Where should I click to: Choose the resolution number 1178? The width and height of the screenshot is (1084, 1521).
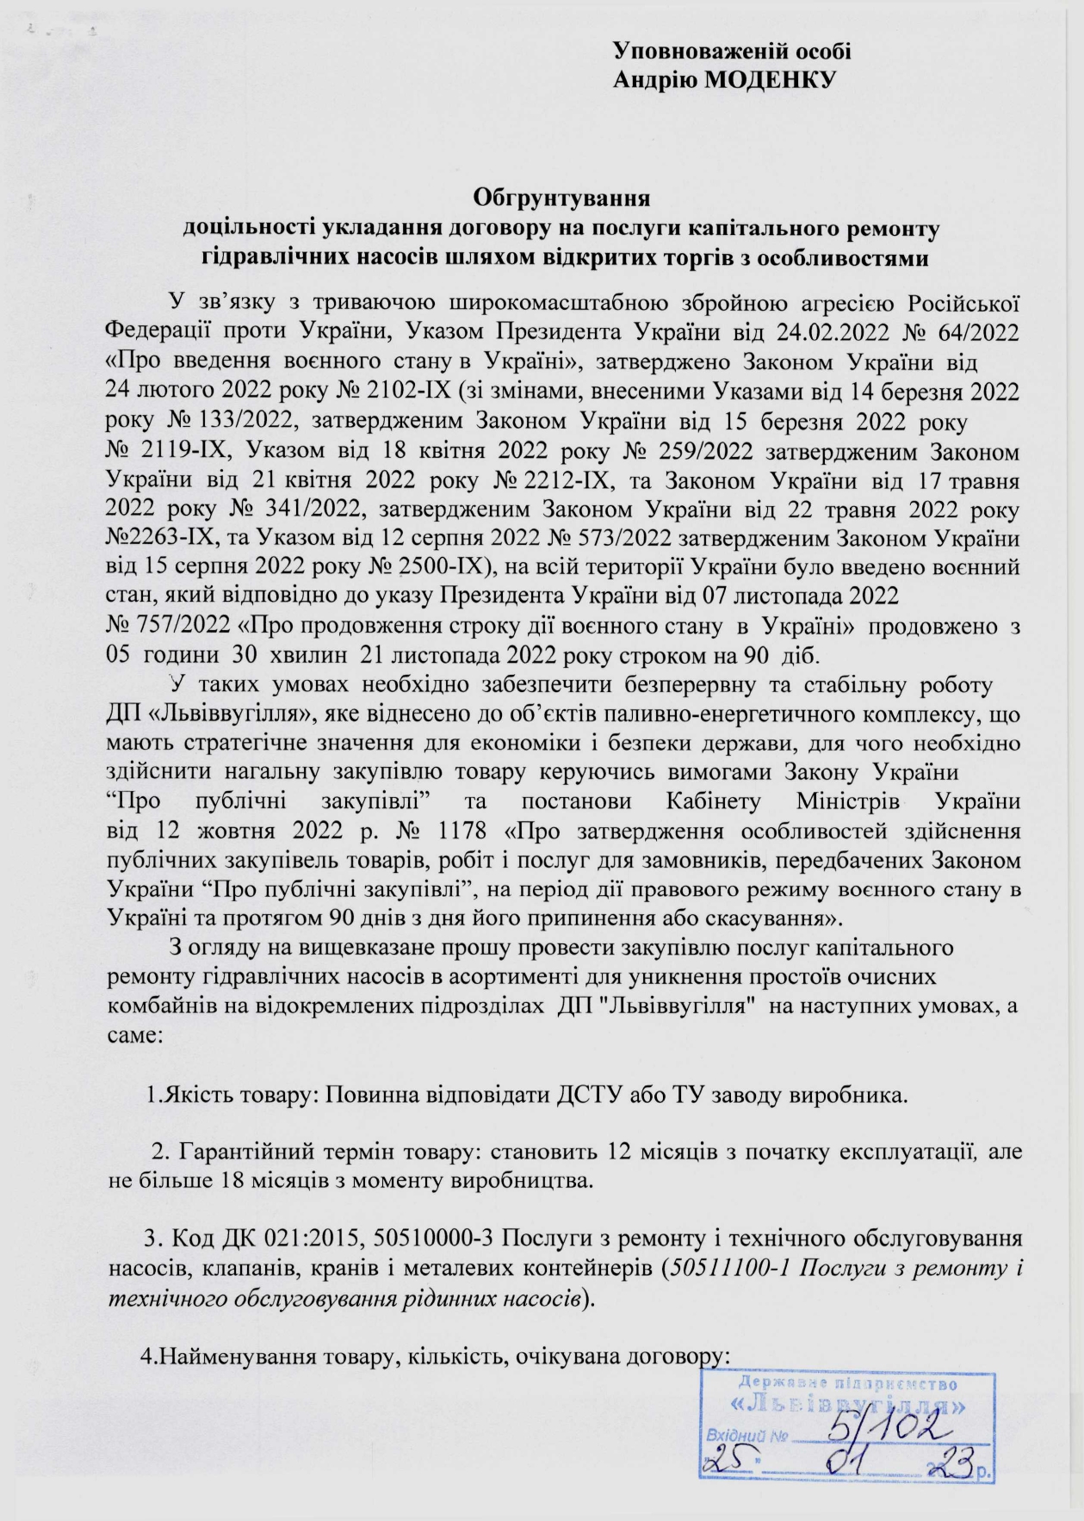pyautogui.click(x=449, y=832)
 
